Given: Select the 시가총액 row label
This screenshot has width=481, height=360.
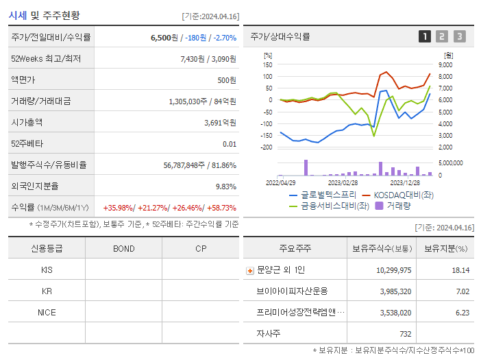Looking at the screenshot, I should [x=27, y=123].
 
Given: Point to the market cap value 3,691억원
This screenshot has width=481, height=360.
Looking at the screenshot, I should [x=220, y=123].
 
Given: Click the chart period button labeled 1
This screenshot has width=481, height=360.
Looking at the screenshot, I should [x=425, y=36].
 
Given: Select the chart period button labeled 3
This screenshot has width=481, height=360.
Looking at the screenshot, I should [x=459, y=36].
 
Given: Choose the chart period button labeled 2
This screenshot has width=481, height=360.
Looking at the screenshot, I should [x=442, y=36].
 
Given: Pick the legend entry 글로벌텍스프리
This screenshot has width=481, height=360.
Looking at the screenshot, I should [x=318, y=195].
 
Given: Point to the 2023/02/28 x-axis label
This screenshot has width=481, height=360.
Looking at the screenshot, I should [x=343, y=183].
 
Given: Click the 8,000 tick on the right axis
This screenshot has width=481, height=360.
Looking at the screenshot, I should [x=445, y=76].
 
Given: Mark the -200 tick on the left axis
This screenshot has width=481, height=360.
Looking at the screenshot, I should [x=267, y=147].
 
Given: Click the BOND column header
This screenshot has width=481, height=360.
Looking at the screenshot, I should [x=123, y=248].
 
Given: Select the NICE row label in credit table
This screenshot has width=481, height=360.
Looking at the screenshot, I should [x=47, y=312].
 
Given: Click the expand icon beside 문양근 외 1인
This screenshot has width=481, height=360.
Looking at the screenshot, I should [x=249, y=270].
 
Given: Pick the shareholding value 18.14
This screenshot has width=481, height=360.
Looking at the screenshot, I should [x=460, y=270].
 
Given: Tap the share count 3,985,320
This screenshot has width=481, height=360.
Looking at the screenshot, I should [x=394, y=291].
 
